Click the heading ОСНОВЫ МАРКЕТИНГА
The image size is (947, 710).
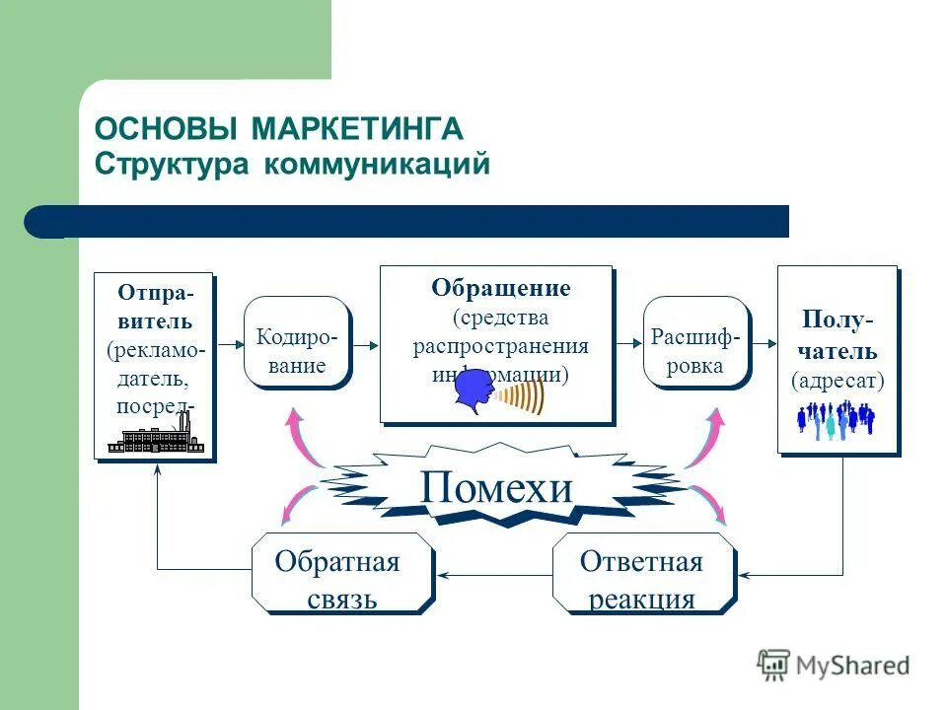pyautogui.click(x=278, y=129)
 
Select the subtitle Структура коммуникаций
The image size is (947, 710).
pyautogui.click(x=292, y=164)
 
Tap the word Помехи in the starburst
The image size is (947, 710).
pyautogui.click(x=495, y=487)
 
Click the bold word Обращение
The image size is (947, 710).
pyautogui.click(x=500, y=289)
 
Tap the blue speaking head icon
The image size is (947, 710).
pyautogui.click(x=475, y=392)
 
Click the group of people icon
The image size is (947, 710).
pyautogui.click(x=836, y=419)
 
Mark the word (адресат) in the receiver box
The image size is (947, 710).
pyautogui.click(x=838, y=380)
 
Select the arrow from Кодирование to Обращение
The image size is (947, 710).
pyautogui.click(x=365, y=344)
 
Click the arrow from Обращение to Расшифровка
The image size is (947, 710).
pyautogui.click(x=627, y=342)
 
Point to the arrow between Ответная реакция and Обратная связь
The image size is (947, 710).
pyautogui.click(x=492, y=574)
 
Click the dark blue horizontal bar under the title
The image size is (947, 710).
pyautogui.click(x=414, y=222)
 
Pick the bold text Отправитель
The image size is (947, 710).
pyautogui.click(x=156, y=307)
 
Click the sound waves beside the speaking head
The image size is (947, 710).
pyautogui.click(x=521, y=397)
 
